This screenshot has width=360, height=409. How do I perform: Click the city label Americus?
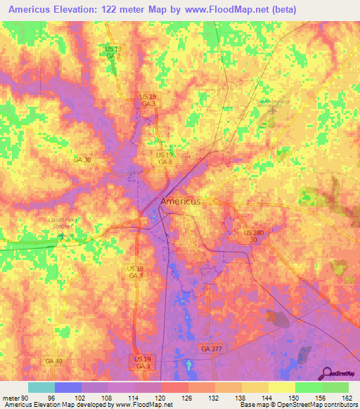click(181, 201)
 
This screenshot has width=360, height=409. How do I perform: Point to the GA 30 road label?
click(82, 160)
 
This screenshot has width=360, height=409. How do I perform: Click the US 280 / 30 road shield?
click(253, 235)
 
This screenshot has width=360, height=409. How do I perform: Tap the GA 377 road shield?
click(210, 349)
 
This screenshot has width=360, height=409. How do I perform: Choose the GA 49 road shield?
click(53, 361)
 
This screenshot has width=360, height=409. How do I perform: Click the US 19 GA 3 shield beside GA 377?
click(142, 363)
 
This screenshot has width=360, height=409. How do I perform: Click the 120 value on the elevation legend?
click(162, 397)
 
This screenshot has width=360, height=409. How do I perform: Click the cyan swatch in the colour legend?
click(41, 387)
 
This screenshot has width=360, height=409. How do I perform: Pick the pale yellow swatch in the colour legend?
click(281, 387)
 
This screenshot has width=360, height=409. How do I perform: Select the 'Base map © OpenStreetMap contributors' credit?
click(297, 405)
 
